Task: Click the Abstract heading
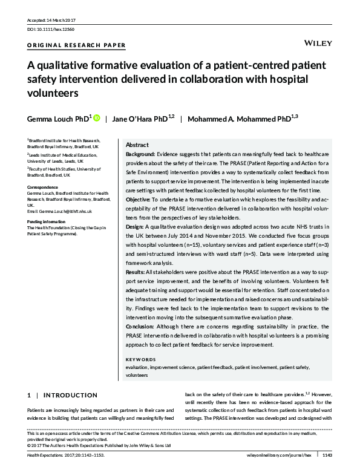pyautogui.click(x=137, y=146)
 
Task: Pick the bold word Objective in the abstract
pyautogui.click(x=139, y=199)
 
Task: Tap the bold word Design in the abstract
pyautogui.click(x=136, y=226)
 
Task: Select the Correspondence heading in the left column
pyautogui.click(x=42, y=188)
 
